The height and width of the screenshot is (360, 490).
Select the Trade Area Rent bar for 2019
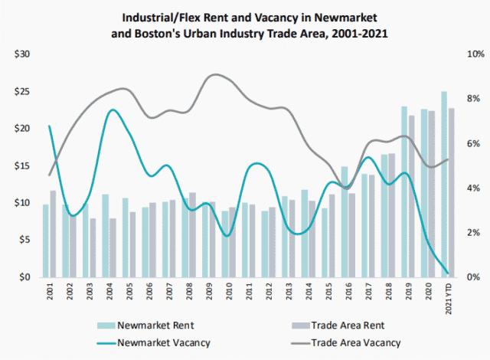[x=411, y=196]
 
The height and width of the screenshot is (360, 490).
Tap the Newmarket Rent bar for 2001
[x=45, y=240]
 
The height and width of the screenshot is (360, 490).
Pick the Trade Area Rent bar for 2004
[x=113, y=247]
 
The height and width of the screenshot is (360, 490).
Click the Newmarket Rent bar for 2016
[x=344, y=221]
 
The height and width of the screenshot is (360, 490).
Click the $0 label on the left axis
[x=22, y=277]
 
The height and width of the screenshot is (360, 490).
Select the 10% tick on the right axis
[x=473, y=54]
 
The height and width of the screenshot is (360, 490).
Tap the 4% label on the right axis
[x=474, y=188]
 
